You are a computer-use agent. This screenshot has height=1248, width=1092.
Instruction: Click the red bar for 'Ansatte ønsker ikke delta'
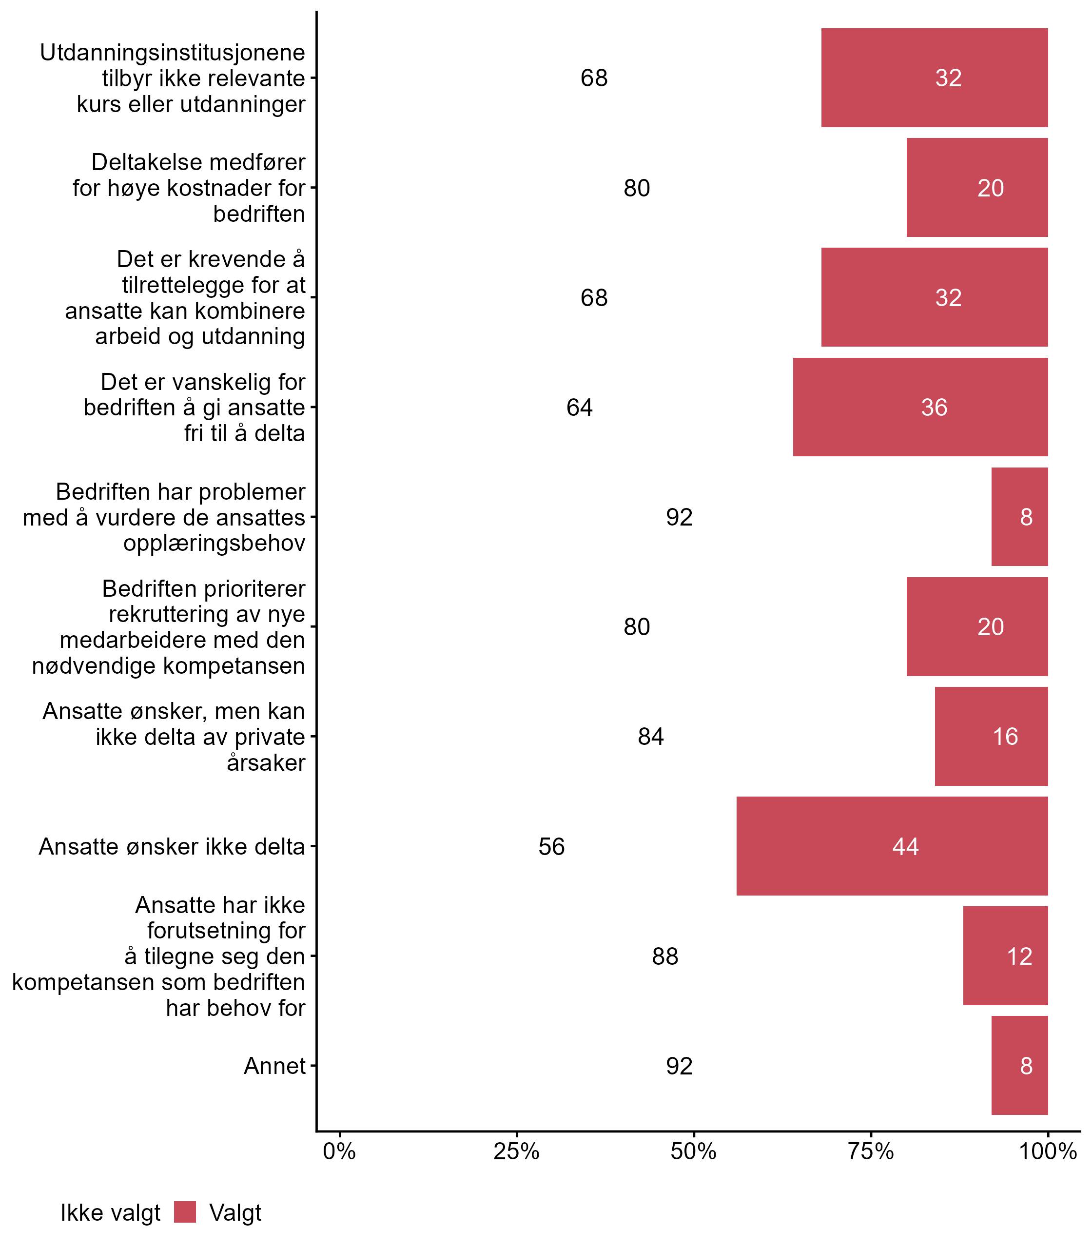(892, 846)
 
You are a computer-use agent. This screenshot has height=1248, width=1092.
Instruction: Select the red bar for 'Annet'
(1019, 1066)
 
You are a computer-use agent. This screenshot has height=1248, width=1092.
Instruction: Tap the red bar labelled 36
(920, 407)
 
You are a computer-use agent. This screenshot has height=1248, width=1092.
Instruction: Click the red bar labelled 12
(1005, 956)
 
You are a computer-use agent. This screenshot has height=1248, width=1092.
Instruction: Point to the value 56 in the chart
(551, 846)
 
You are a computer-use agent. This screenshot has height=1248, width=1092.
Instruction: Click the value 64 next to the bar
(580, 407)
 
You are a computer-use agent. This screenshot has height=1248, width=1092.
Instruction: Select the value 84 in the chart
(651, 737)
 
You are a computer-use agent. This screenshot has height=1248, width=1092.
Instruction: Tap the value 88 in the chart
(665, 956)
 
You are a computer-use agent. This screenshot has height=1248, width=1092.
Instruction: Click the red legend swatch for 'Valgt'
(185, 1212)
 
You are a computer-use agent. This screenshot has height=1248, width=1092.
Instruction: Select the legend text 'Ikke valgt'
(110, 1213)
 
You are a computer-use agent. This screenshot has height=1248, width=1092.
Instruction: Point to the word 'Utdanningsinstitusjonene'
(173, 53)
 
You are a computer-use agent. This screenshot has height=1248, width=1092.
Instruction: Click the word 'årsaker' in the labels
(266, 762)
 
